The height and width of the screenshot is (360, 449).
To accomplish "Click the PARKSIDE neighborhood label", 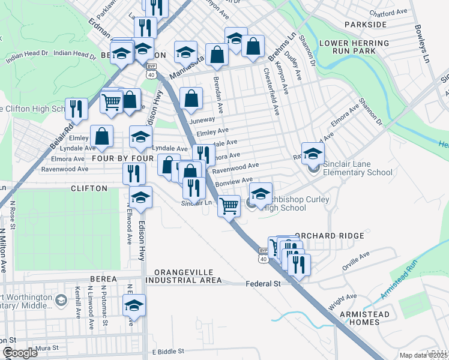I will (x=366, y=24).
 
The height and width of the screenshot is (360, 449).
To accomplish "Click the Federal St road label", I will (x=264, y=284).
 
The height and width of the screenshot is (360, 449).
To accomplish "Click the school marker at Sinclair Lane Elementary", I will (x=313, y=154).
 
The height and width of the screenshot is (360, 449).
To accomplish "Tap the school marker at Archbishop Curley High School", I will (x=261, y=194).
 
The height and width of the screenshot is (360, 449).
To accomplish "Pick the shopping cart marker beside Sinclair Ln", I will (x=229, y=206).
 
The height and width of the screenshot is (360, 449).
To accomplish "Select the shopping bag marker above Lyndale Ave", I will (x=103, y=136).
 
